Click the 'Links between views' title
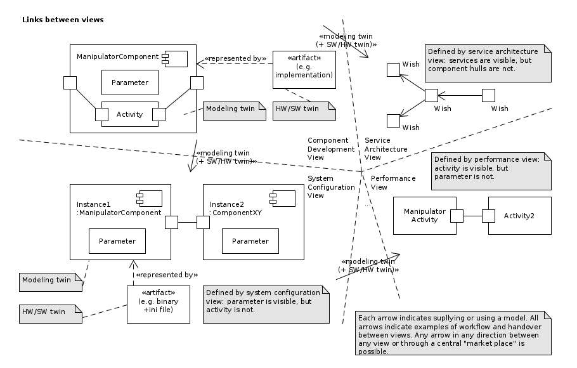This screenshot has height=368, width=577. pyautogui.click(x=63, y=20)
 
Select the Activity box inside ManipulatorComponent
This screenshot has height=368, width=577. pyautogui.click(x=129, y=114)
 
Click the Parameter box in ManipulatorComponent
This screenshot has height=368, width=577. pyautogui.click(x=129, y=82)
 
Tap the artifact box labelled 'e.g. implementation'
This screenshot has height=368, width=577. pyautogui.click(x=304, y=69)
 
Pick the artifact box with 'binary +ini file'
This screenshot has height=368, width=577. pyautogui.click(x=158, y=304)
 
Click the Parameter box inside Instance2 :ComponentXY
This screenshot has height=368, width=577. pyautogui.click(x=250, y=241)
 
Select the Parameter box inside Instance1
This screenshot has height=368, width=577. pyautogui.click(x=117, y=241)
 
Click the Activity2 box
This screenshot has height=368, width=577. pyautogui.click(x=519, y=216)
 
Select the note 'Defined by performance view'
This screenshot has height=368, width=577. pyautogui.click(x=491, y=171)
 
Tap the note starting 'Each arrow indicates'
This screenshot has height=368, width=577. pyautogui.click(x=453, y=333)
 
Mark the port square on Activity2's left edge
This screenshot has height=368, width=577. pyautogui.click(x=488, y=216)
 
